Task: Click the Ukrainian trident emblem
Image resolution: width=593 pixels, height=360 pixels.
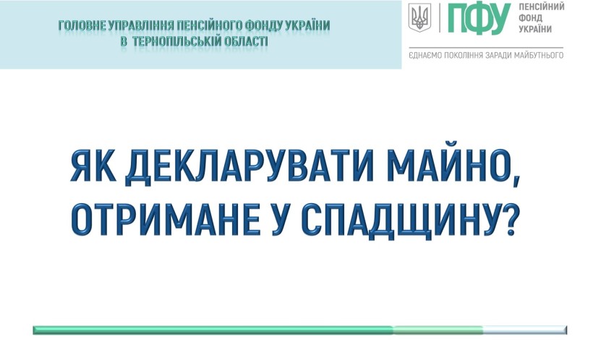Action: pyautogui.click(x=419, y=18)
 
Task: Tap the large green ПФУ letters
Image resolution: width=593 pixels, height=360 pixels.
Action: pyautogui.click(x=479, y=19)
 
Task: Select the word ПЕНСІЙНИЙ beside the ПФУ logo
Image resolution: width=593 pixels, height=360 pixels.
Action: pyautogui.click(x=541, y=7)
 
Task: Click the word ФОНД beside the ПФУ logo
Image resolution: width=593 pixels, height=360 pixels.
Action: pyautogui.click(x=530, y=18)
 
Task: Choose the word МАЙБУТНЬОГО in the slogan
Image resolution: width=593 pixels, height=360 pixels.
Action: pyautogui.click(x=539, y=55)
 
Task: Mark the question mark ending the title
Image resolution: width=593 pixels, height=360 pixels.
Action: pyautogui.click(x=507, y=219)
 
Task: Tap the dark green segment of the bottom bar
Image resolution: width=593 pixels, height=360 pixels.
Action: pyautogui.click(x=213, y=330)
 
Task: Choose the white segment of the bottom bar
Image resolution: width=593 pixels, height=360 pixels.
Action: pyautogui.click(x=525, y=330)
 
